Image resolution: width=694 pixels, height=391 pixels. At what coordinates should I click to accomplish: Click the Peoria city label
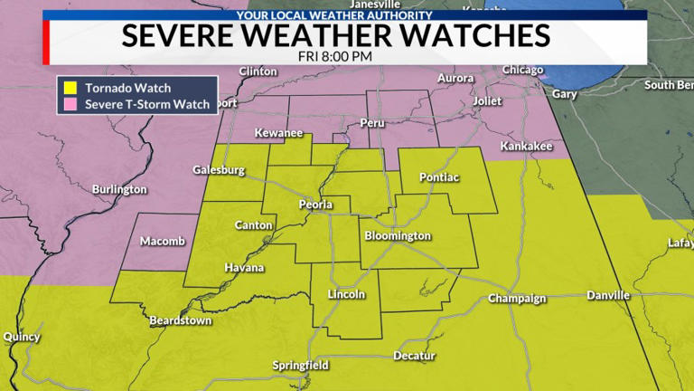(316, 205)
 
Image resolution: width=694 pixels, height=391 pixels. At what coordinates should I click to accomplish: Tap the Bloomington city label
(398, 236)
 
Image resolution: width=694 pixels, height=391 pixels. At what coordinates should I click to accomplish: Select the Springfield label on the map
(301, 366)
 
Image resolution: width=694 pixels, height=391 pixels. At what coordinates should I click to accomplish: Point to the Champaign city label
(518, 299)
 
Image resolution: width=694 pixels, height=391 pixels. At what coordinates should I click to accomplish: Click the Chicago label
(523, 71)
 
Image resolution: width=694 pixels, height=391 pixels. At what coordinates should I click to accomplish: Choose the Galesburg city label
(219, 170)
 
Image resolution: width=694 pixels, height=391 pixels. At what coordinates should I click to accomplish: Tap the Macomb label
(163, 242)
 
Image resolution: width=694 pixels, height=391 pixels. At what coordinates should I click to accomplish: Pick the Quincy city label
(22, 337)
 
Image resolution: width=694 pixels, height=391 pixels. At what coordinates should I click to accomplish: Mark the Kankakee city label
(526, 147)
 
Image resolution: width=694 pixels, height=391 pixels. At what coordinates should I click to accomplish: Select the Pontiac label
(439, 178)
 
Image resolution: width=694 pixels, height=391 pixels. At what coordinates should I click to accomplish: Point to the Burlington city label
(119, 189)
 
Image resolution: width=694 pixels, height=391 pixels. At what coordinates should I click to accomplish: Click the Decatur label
(415, 356)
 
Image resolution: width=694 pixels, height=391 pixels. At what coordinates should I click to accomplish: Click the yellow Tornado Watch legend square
(69, 89)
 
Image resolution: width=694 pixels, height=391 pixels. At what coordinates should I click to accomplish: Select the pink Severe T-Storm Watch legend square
(69, 105)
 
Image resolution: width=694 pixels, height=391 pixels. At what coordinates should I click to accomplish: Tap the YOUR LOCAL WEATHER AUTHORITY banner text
(334, 15)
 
